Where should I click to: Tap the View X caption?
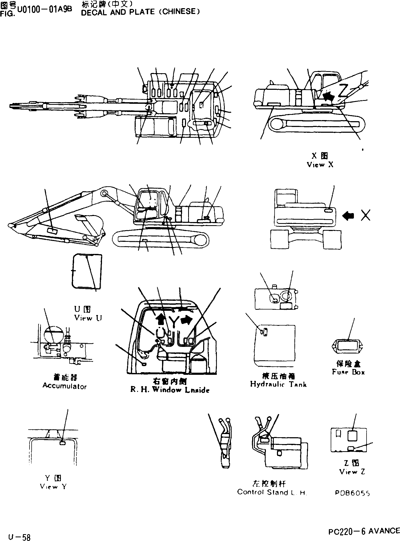coord(320,165)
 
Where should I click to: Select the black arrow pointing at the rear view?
coord(348,216)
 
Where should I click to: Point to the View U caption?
coord(88,318)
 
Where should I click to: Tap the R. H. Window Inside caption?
coord(170,390)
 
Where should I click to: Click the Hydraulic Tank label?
coord(278,384)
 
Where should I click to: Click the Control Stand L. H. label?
coord(272,492)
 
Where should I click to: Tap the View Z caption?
coord(352,472)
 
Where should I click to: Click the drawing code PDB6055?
coord(352,493)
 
